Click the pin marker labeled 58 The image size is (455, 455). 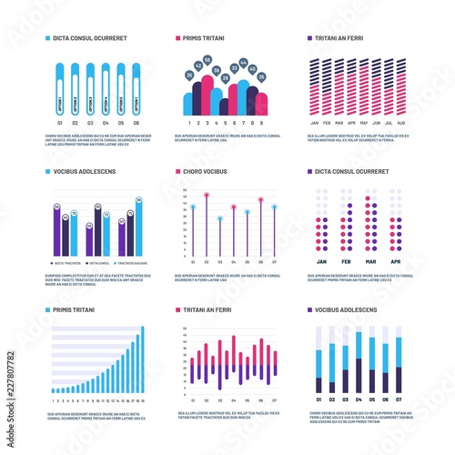coord(207,60)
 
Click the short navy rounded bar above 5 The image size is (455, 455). coord(224,106)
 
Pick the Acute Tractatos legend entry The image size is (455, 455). coord(68,261)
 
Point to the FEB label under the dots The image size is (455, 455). coord(346,260)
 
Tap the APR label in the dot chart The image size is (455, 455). coord(395,260)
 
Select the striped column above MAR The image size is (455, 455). coord(339,86)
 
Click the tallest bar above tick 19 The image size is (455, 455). coord(140,360)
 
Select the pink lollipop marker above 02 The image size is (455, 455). coord(207,196)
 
